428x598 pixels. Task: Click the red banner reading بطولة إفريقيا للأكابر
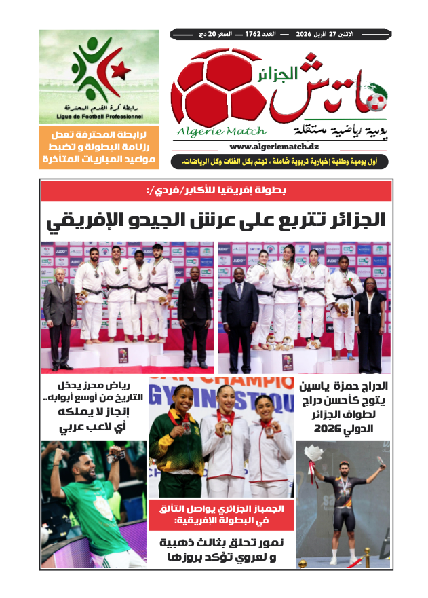(216, 191)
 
